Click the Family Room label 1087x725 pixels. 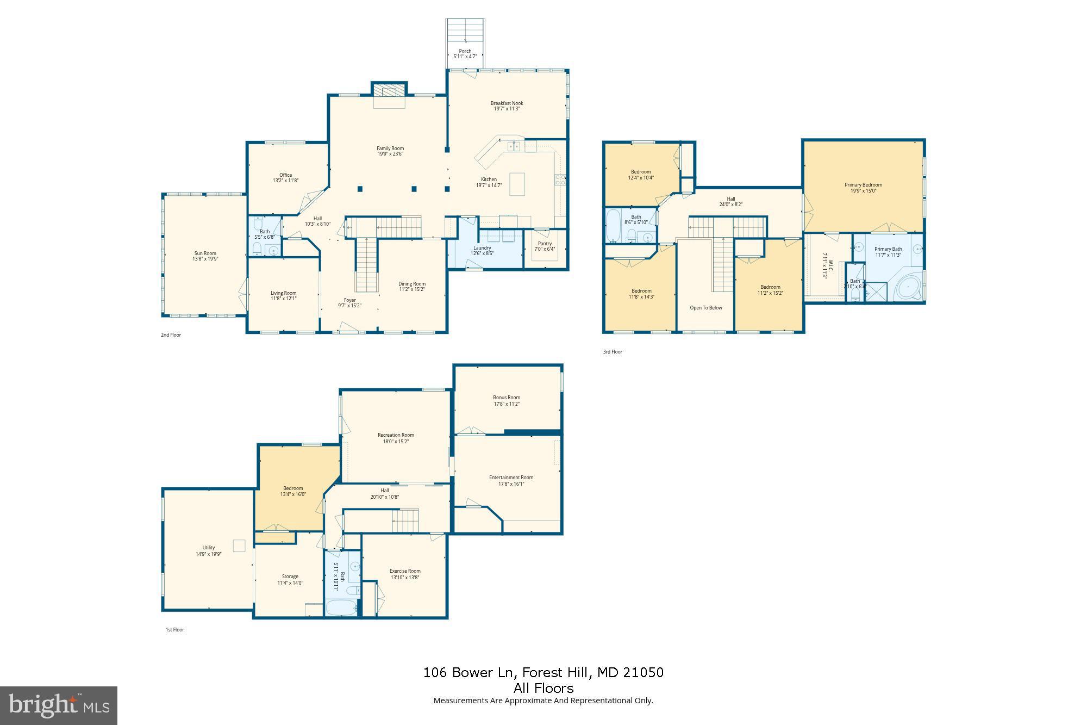390,148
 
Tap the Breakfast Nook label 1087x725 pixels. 507,103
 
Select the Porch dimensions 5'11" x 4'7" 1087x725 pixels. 465,57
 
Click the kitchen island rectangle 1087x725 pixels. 517,184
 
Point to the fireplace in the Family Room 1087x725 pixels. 389,91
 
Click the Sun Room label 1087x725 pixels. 205,253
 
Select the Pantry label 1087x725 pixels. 545,244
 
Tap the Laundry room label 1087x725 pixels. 482,248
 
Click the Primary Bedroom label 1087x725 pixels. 863,185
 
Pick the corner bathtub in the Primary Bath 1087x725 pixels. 908,287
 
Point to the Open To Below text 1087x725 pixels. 706,308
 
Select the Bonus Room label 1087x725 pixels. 507,398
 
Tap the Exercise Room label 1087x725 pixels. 405,571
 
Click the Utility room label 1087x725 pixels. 209,548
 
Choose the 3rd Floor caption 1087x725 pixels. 613,352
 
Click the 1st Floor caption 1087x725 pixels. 175,630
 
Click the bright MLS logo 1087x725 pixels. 59,705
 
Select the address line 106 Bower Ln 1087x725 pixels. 543,673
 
